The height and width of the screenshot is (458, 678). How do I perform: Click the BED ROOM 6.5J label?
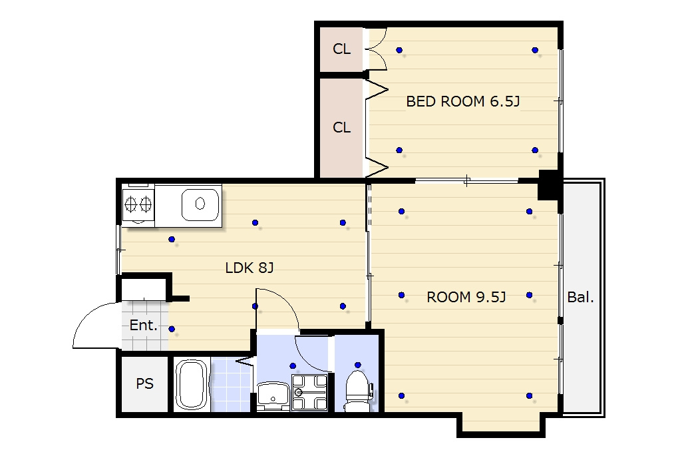coord(462,101)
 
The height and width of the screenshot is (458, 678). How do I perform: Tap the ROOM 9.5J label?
coord(466,297)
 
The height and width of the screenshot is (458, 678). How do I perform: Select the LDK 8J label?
coord(250,268)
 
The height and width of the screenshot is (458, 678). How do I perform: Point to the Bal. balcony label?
coord(580,297)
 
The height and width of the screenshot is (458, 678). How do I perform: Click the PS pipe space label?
coord(145,383)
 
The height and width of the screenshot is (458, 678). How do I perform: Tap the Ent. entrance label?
coord(143,326)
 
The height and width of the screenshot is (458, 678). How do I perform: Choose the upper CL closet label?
coord(341,49)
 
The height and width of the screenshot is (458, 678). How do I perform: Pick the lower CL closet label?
coord(341,128)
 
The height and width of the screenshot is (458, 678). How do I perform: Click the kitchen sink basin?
coord(200,204)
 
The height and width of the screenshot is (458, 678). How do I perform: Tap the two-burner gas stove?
coord(138,204)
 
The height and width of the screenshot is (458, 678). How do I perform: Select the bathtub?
coord(191,385)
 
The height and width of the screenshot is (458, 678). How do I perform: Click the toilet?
coord(357,391)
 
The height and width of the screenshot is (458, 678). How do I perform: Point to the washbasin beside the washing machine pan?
coord(273,395)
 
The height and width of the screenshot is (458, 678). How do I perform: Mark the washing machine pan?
coord(309,393)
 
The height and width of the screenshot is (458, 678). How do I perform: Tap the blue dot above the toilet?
coord(357,365)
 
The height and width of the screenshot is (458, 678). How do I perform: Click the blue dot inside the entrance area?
coord(172,329)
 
